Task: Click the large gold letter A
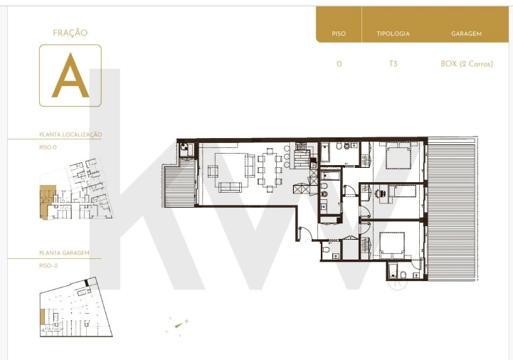[70, 76]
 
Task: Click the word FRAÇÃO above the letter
[70, 33]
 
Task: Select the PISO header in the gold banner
[339, 34]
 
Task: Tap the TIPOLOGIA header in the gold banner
[393, 34]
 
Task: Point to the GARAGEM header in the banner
[467, 34]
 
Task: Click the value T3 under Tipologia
[393, 64]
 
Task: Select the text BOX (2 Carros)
[467, 64]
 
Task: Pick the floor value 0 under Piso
[339, 64]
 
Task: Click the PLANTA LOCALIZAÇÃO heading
[70, 134]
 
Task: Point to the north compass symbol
[178, 327]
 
